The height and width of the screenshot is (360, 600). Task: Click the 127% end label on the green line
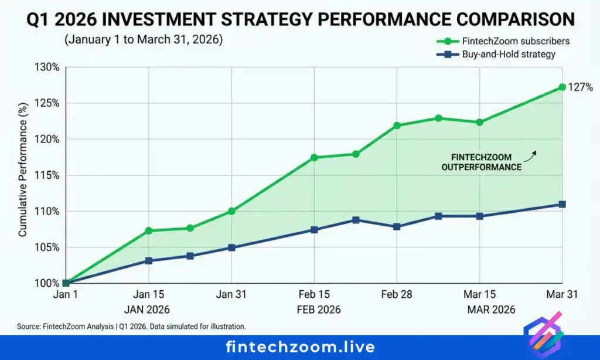(581, 87)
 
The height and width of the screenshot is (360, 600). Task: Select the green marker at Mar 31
(562, 87)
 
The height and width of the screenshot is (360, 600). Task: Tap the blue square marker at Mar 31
(562, 204)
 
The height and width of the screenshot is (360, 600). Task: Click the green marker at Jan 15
(149, 230)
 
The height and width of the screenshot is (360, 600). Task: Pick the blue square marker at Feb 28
(397, 226)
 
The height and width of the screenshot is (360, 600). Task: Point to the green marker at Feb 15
(314, 157)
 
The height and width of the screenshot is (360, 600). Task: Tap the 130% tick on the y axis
(47, 67)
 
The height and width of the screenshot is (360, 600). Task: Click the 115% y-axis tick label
(47, 175)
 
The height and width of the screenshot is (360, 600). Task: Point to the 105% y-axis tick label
(47, 247)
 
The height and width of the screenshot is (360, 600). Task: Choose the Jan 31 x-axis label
(231, 295)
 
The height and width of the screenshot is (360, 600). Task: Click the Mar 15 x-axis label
(480, 295)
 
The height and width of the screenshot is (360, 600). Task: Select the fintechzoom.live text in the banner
(300, 347)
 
